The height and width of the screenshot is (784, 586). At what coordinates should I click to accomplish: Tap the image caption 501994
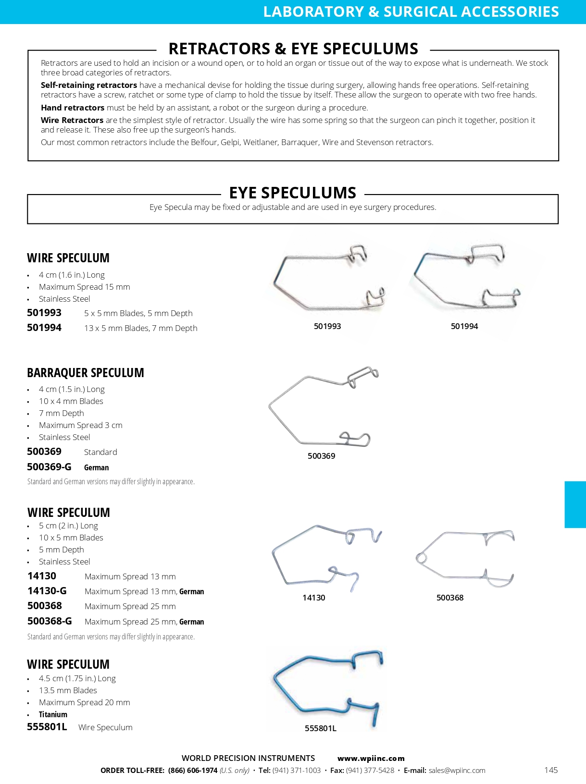[464, 326]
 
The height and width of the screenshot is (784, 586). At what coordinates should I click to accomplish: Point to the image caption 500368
[450, 598]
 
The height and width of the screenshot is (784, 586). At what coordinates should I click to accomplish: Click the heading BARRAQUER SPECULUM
[86, 373]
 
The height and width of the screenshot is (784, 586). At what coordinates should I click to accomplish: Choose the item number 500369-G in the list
[49, 467]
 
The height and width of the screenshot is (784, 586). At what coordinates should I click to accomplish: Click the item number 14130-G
[47, 591]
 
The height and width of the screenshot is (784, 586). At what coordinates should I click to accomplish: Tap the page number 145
[551, 770]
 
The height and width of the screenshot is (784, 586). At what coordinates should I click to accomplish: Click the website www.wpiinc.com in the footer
[371, 759]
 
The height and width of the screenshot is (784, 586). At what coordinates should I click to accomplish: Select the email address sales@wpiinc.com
[457, 771]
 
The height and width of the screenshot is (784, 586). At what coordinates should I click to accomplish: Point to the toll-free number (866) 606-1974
[193, 771]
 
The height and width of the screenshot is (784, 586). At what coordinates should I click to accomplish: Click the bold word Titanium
[53, 714]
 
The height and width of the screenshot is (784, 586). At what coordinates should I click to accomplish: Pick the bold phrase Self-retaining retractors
[89, 85]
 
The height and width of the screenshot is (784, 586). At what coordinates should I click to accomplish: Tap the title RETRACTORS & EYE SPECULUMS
[293, 49]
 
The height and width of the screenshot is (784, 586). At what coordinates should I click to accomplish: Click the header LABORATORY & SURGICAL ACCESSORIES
[411, 12]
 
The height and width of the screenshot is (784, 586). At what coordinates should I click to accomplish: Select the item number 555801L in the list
[47, 727]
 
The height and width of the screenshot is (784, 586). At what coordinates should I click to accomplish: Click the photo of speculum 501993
[328, 279]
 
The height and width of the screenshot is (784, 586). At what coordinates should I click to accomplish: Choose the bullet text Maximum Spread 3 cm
[81, 425]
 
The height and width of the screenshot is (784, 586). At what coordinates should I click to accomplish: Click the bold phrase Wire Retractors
[72, 120]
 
